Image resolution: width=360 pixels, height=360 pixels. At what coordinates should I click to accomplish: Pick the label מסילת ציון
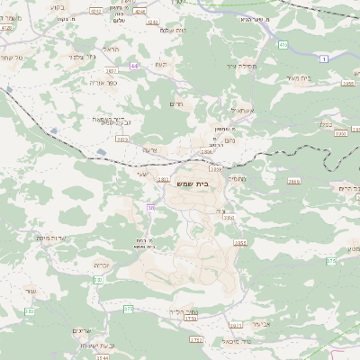tap(219, 66)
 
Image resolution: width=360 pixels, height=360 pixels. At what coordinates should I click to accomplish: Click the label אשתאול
tap(219, 111)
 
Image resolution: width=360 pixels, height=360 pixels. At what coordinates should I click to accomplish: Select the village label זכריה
tap(101, 265)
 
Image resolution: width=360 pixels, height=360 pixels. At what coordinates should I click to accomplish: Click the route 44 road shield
tap(134, 66)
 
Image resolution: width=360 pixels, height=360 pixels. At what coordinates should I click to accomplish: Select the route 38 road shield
tap(151, 208)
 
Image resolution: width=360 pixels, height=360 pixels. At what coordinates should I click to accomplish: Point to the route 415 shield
tap(283, 43)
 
